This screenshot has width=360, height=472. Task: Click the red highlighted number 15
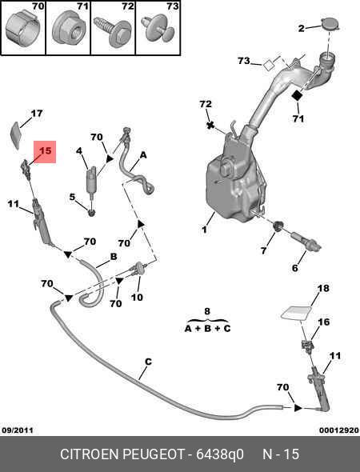46,150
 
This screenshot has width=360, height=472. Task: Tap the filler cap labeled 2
330,24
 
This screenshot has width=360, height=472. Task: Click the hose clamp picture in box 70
22,27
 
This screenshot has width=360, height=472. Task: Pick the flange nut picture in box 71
68,30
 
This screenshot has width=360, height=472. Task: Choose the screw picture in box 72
112,30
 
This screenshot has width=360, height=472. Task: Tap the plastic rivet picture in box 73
158,30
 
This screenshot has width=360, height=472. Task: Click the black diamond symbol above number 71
298,95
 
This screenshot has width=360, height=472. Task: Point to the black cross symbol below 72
210,125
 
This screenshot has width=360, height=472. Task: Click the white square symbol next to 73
269,65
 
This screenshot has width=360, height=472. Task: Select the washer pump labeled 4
90,178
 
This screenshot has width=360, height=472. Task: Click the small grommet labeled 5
91,212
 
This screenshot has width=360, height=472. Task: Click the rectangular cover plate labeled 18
297,313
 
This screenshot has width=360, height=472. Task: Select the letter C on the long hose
148,362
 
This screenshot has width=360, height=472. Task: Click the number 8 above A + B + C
207,311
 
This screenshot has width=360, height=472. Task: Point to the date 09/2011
18,430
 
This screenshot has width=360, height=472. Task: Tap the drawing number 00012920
339,430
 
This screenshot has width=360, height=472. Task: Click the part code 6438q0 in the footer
220,454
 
